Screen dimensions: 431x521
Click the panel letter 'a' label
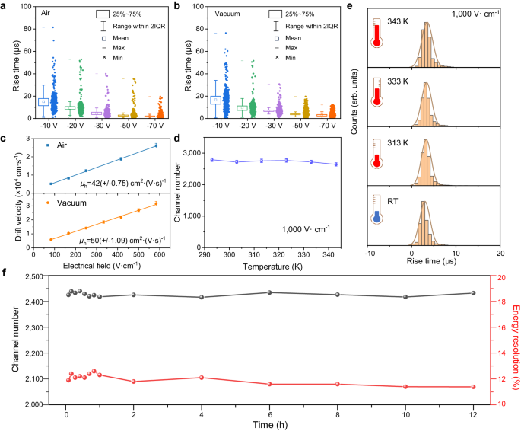coord(5,6)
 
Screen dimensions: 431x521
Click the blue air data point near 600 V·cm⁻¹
coord(157,145)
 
